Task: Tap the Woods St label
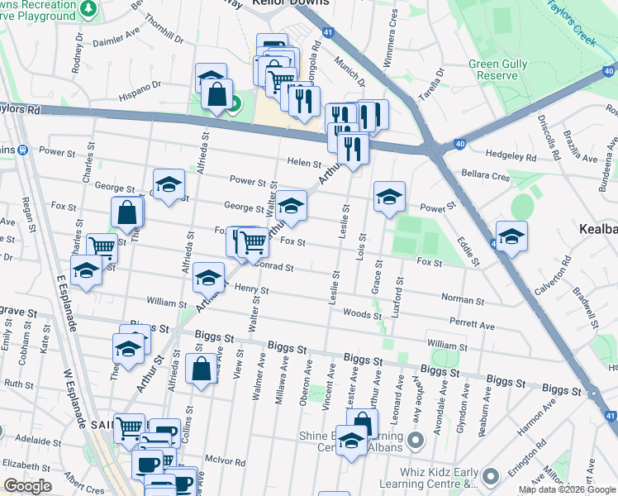(357, 314)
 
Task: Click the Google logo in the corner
(27, 486)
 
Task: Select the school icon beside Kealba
(511, 236)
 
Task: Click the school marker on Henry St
(209, 278)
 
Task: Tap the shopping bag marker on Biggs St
(201, 370)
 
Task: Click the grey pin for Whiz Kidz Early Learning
(492, 476)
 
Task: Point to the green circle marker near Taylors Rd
(234, 104)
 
